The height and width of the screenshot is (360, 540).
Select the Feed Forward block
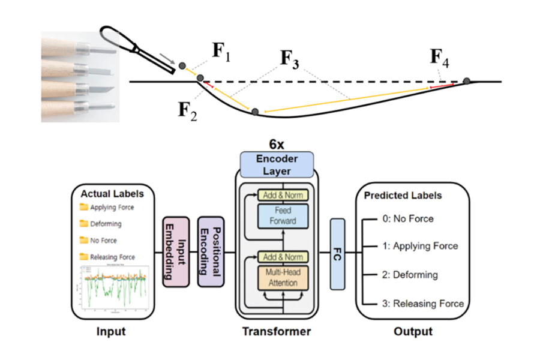coord(283,216)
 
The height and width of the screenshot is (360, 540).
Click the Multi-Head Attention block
coord(283,277)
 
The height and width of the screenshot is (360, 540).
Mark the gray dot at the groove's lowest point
coord(255,112)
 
